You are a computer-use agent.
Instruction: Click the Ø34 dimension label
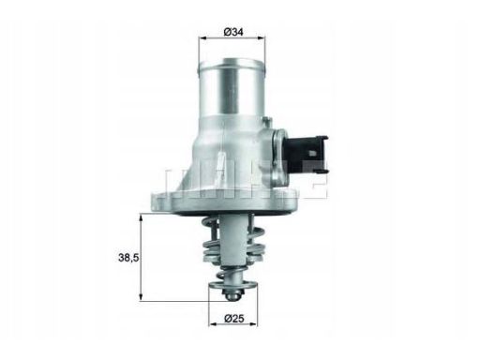[x=234, y=33]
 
